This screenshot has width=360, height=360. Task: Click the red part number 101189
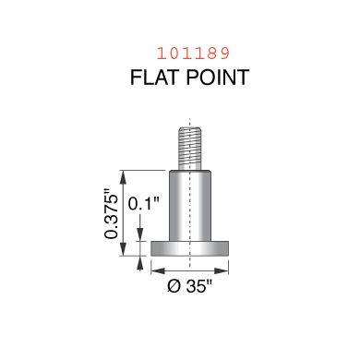pos(193,54)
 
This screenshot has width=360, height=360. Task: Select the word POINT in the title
pos(218,77)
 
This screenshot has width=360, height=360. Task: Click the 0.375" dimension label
pos(111,216)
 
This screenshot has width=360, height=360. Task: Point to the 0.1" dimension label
pos(144,203)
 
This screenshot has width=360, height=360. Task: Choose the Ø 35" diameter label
pos(190,286)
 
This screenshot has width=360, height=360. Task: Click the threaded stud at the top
pos(190,150)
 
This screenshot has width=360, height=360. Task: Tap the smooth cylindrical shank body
pos(190,206)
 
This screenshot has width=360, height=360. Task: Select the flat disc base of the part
pos(190,248)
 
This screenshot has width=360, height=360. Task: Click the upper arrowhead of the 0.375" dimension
pos(123,177)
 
